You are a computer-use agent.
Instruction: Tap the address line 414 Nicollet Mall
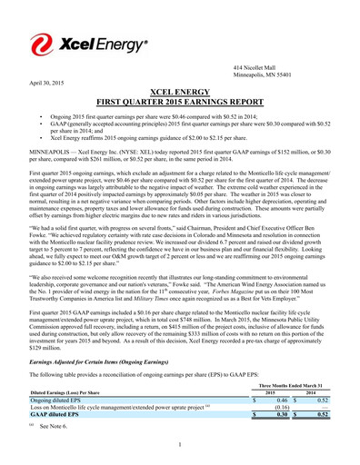(x=257, y=69)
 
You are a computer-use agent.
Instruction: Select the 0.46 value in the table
(x=282, y=374)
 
